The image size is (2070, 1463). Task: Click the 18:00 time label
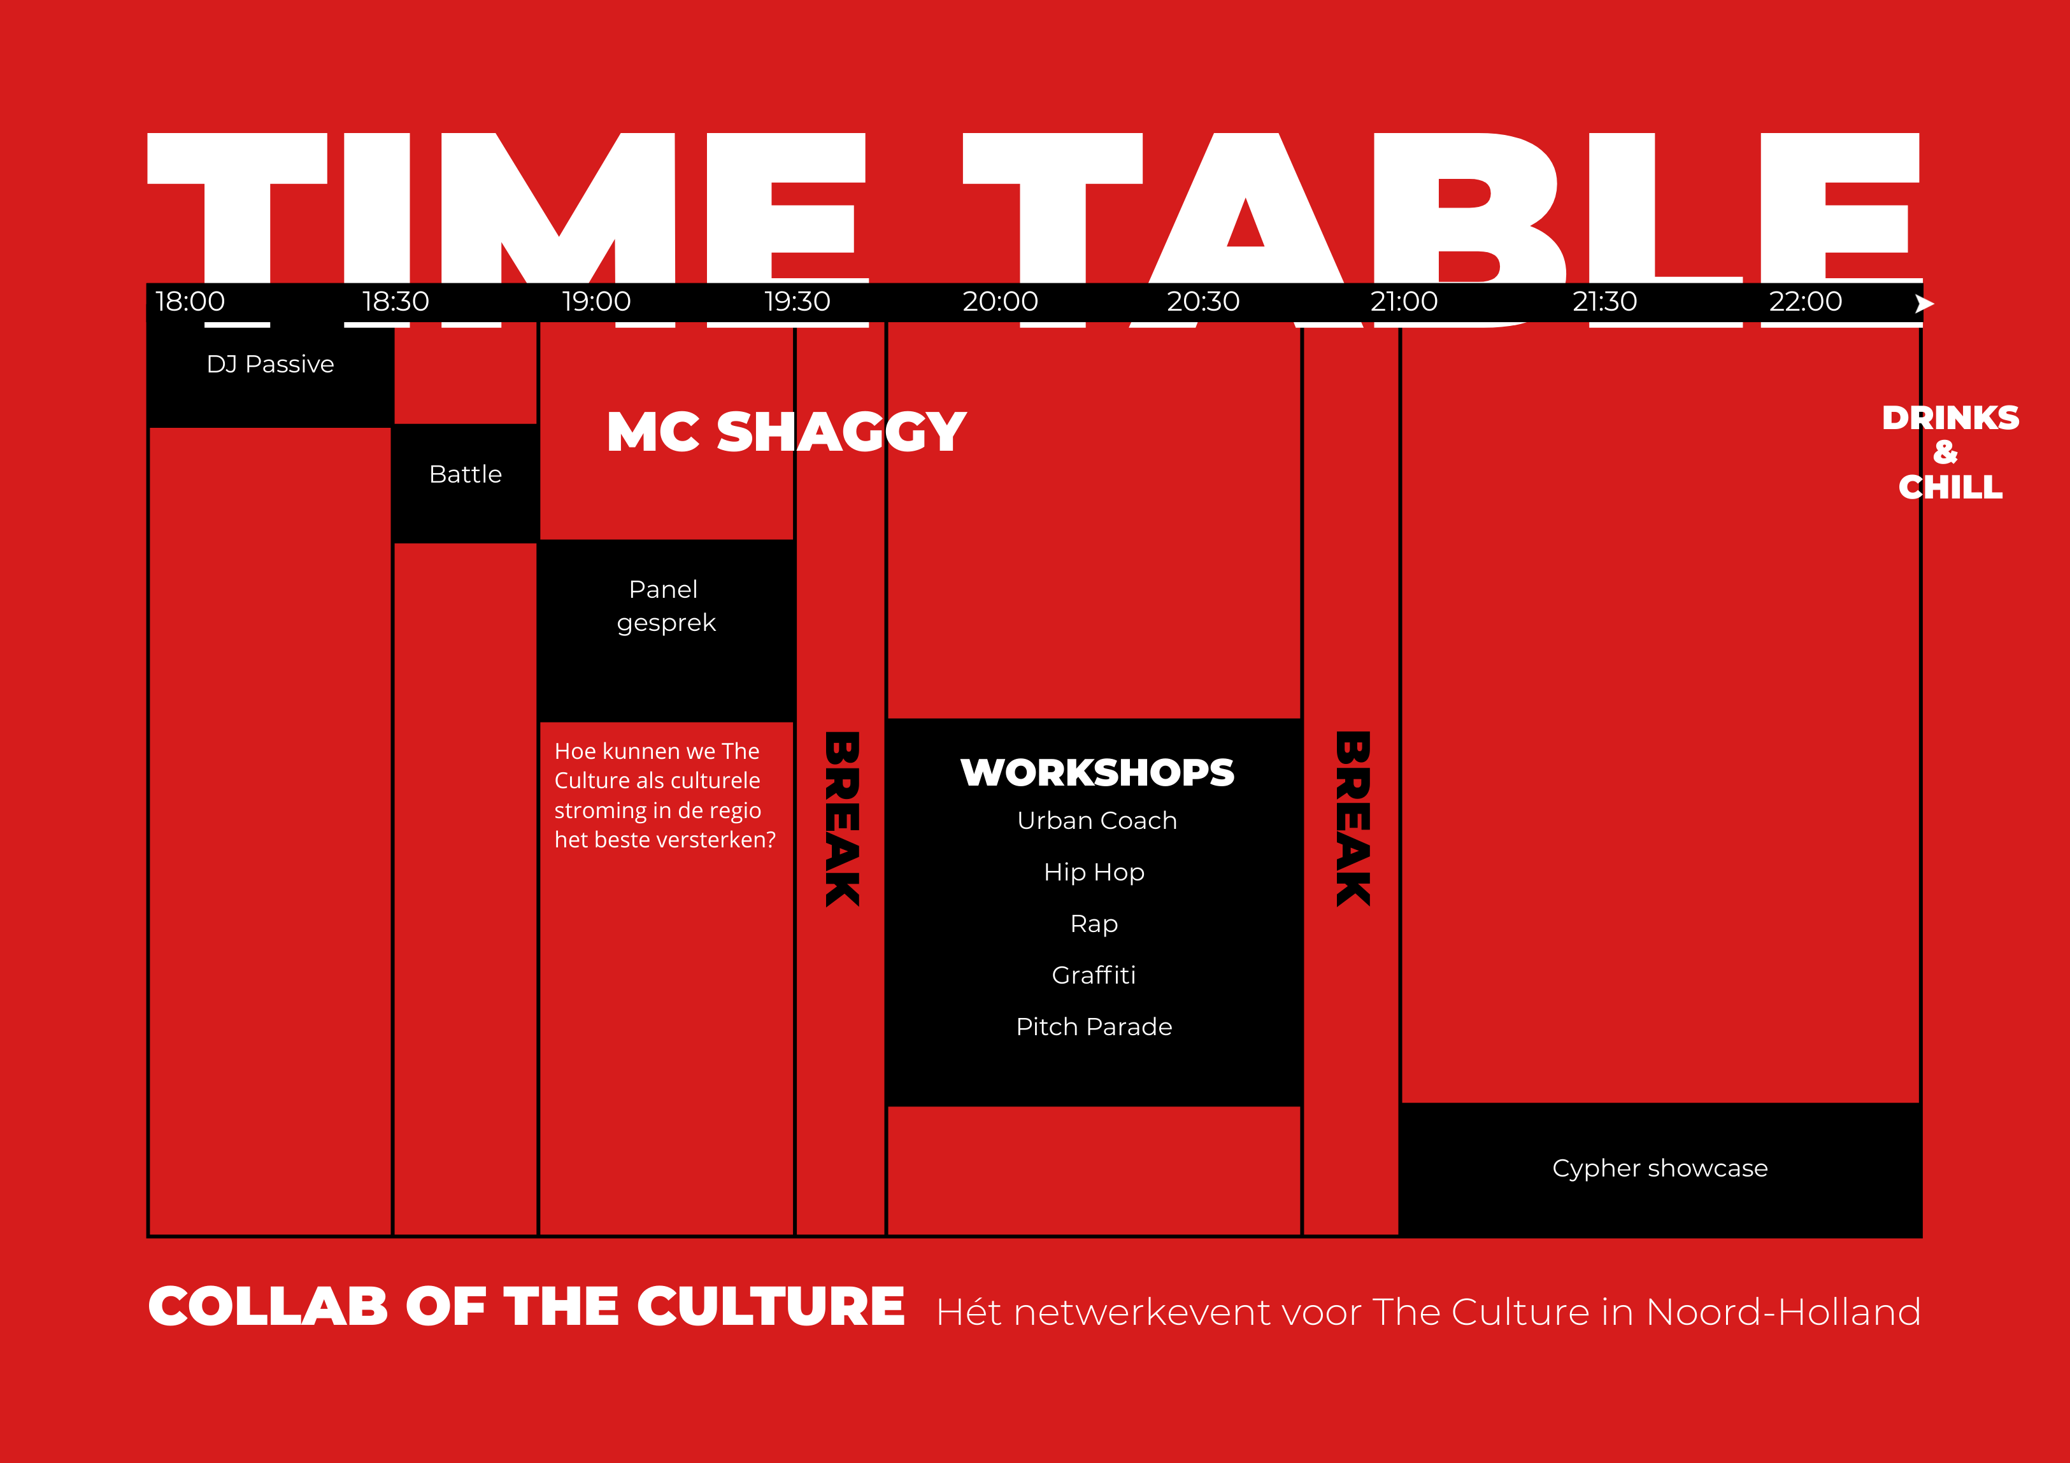190,301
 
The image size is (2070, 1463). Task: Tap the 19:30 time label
797,301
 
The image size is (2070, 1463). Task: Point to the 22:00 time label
1805,301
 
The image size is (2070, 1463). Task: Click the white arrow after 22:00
1924,304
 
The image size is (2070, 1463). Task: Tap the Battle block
465,474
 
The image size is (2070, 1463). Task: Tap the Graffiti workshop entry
1094,975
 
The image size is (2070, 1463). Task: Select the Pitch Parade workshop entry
1094,1027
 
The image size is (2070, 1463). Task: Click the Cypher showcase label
1660,1168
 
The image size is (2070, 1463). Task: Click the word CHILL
1950,488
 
